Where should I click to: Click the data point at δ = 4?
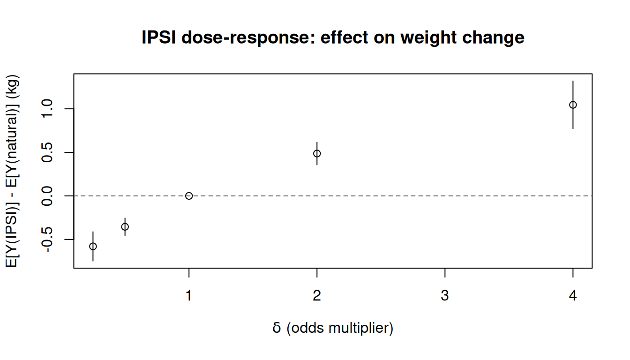click(x=573, y=105)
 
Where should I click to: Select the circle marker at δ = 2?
click(x=317, y=153)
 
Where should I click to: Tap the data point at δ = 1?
click(x=189, y=195)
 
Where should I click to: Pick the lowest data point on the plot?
click(x=93, y=246)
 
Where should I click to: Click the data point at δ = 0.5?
click(x=125, y=226)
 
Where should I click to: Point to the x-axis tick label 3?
click(x=445, y=296)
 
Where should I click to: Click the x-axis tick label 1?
click(x=189, y=296)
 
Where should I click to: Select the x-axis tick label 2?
click(x=317, y=296)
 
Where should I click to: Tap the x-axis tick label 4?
click(x=573, y=296)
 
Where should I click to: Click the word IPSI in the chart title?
click(x=159, y=37)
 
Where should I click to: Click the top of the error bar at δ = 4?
click(x=573, y=81)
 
